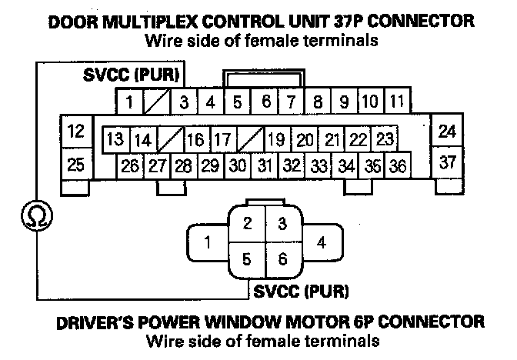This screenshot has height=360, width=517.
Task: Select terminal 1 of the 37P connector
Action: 131,101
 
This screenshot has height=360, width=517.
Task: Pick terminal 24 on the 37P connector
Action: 446,131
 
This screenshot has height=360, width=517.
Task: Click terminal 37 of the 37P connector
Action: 446,162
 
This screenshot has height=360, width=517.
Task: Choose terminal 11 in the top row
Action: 395,101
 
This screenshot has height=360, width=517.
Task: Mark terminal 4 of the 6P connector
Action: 321,242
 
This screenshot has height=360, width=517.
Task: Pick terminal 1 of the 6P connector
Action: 207,244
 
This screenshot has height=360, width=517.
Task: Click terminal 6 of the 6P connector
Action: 282,259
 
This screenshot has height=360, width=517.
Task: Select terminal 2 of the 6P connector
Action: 247,225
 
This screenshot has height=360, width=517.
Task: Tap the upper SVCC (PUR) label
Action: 132,77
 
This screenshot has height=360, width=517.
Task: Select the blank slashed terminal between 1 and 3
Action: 157,101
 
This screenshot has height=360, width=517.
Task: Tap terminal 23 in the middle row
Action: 385,139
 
